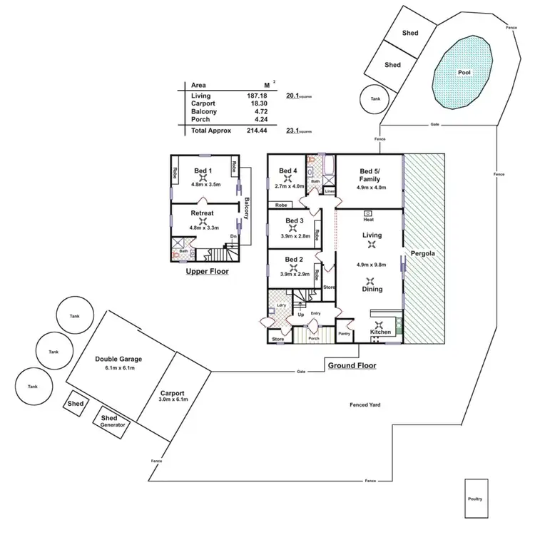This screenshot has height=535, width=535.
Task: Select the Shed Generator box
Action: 113,421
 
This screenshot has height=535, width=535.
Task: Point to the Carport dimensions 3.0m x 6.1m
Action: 173,399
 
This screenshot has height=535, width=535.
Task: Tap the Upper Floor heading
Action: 207,272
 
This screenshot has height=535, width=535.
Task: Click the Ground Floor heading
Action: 352,365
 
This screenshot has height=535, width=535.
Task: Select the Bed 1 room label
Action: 203,170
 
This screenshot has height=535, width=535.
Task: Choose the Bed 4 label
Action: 287,170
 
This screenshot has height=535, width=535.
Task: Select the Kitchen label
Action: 379,332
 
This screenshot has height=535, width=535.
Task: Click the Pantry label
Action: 344,333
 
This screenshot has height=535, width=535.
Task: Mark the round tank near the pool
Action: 374,101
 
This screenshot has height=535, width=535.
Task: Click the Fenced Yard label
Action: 365,404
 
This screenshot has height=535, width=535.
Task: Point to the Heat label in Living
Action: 369,220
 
